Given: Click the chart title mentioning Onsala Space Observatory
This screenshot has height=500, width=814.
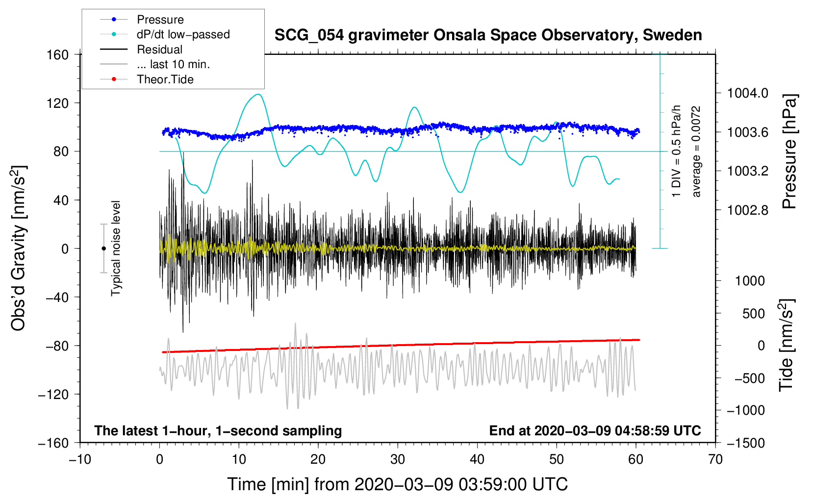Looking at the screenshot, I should point(488,35).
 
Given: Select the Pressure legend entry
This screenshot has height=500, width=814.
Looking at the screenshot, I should point(160,20).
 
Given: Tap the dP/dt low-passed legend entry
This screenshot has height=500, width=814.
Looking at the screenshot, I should point(183,34).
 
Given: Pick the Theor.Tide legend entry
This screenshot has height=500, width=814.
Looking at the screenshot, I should point(165,79).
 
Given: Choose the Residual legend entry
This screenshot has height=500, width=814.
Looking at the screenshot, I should point(159,50).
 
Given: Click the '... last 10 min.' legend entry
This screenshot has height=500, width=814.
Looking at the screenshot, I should point(173,64).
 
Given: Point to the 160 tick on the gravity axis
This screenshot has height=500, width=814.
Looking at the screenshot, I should point(58,55).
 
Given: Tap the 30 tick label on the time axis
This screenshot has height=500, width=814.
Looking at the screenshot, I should point(398,460).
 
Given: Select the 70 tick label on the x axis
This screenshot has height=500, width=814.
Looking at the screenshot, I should point(715,460).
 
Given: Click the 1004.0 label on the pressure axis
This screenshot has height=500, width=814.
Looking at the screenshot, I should point(747,93).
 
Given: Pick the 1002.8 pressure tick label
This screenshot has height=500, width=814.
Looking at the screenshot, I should point(747,210).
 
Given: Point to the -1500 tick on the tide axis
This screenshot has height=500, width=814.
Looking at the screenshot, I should point(745,443).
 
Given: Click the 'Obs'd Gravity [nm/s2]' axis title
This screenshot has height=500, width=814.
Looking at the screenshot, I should point(19,248).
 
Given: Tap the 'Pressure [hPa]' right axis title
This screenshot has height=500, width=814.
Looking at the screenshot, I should point(789,151).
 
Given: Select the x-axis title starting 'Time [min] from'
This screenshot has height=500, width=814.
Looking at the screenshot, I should point(397,484).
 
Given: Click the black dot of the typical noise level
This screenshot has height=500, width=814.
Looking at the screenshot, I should point(103,249).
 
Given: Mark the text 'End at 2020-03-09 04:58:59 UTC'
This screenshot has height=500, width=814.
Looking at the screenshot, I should point(595,431).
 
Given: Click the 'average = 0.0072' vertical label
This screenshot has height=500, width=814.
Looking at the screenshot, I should point(696,151).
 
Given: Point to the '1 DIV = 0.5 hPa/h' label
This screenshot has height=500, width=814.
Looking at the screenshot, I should point(676,151).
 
